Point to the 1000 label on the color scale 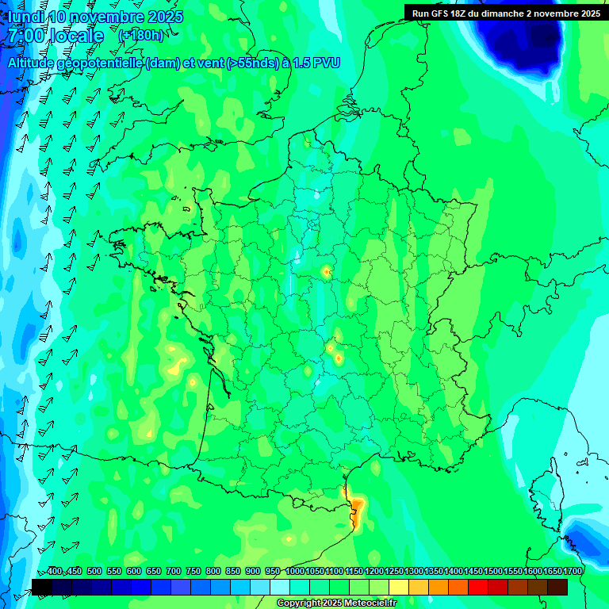click(x=295, y=571)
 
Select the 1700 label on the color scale click(x=573, y=571)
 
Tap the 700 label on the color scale click(x=174, y=571)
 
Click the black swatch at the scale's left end click(x=42, y=587)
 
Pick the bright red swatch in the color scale click(x=478, y=587)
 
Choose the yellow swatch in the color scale click(x=399, y=587)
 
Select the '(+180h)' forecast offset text click(x=141, y=36)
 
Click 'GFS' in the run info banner click(x=444, y=13)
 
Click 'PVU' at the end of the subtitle click(x=327, y=63)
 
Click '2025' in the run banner click(x=588, y=13)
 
